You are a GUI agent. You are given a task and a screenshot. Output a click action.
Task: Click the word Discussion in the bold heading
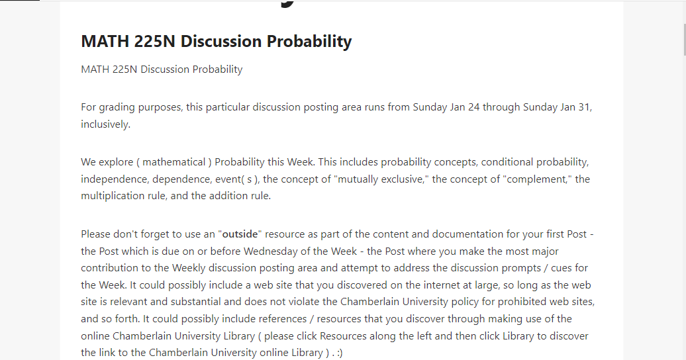point(221,41)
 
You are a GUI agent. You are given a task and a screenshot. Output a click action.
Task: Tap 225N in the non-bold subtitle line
point(124,69)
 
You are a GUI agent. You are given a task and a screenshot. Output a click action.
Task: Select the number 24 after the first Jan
point(474,107)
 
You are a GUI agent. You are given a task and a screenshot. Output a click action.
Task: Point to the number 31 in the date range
point(585,107)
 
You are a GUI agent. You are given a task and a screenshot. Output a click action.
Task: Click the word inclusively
point(105,124)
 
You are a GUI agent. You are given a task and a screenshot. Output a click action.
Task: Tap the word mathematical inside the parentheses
point(174,162)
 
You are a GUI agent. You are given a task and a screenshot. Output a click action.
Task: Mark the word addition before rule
point(228,196)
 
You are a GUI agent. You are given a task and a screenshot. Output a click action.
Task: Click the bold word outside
point(240,234)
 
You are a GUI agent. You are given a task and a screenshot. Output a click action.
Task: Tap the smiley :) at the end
point(339,353)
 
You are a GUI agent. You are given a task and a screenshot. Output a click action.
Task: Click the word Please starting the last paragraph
point(95,234)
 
